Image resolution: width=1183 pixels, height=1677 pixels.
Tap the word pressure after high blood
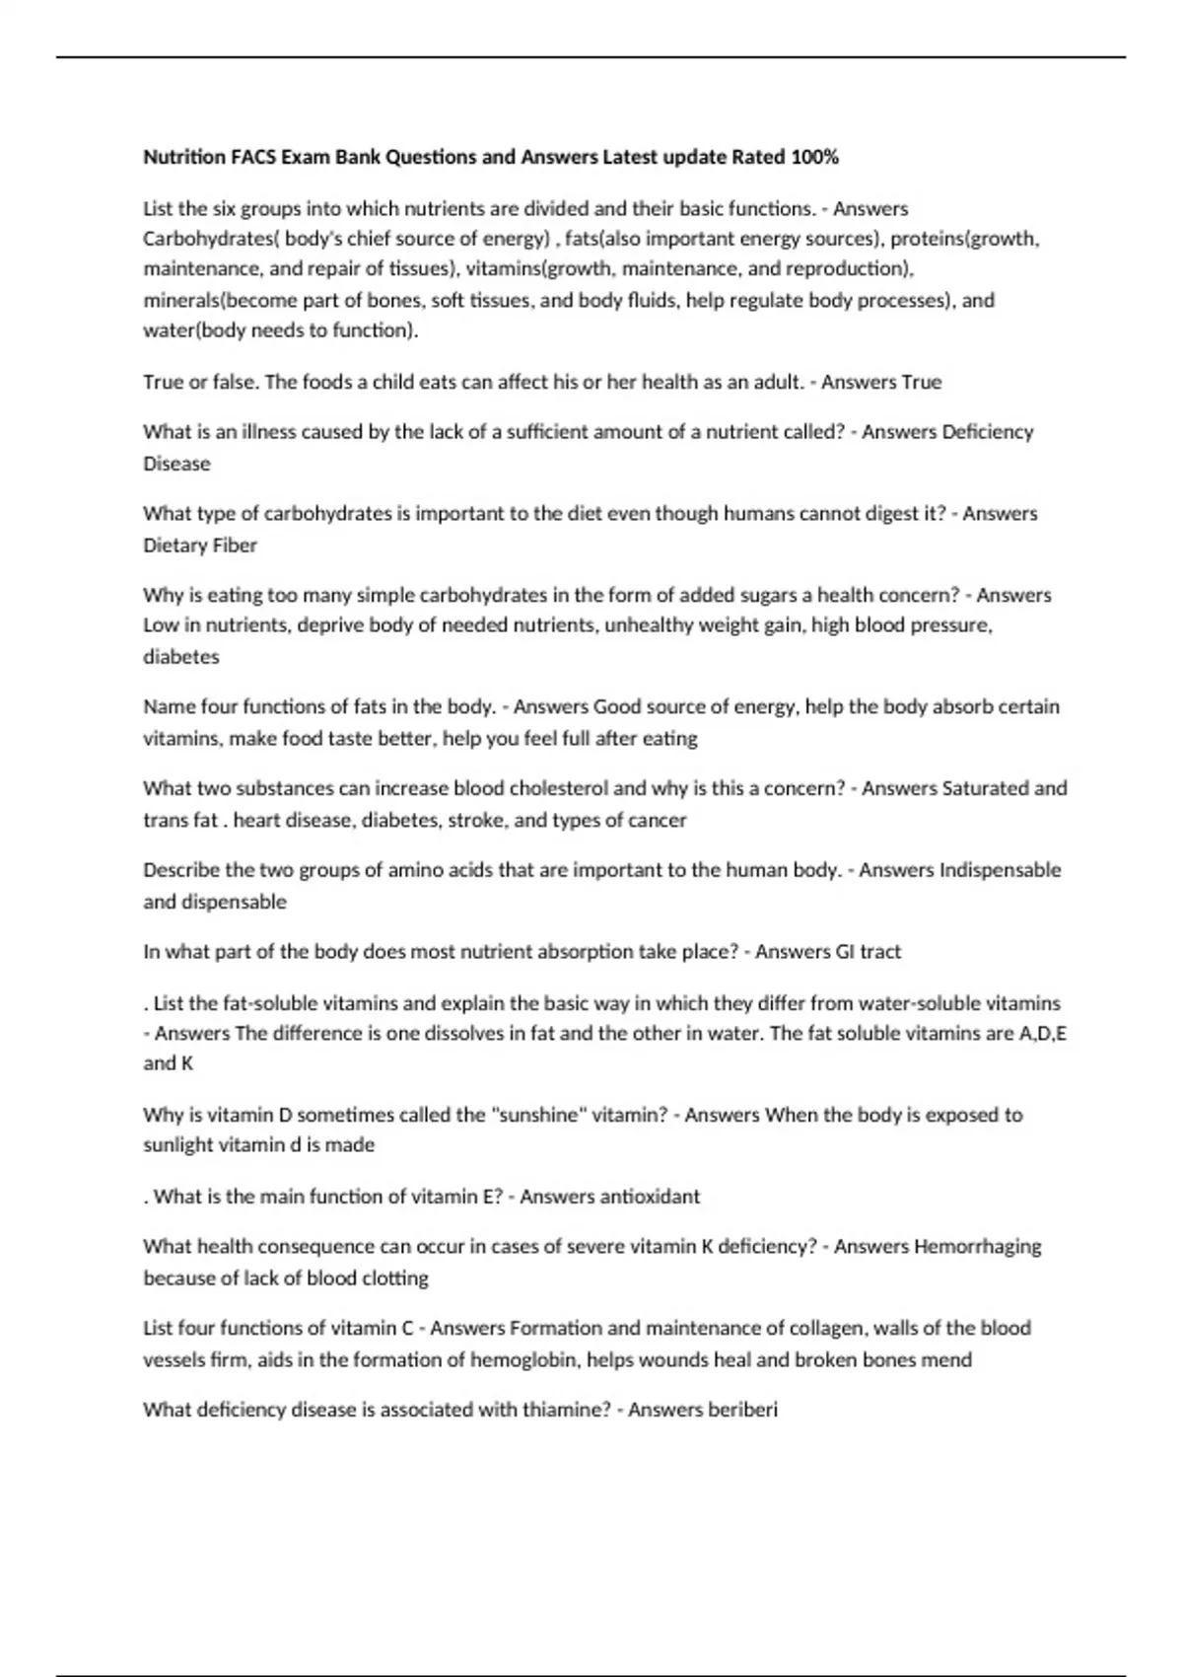pyautogui.click(x=949, y=625)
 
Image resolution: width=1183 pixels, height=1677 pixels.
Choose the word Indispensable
pyautogui.click(x=1000, y=870)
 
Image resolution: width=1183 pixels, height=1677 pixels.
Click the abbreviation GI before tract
pyautogui.click(x=845, y=952)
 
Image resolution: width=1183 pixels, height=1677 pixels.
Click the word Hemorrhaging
pyautogui.click(x=977, y=1247)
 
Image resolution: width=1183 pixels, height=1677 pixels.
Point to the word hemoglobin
pyautogui.click(x=523, y=1360)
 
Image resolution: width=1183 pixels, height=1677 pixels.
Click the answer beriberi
pyautogui.click(x=742, y=1410)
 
